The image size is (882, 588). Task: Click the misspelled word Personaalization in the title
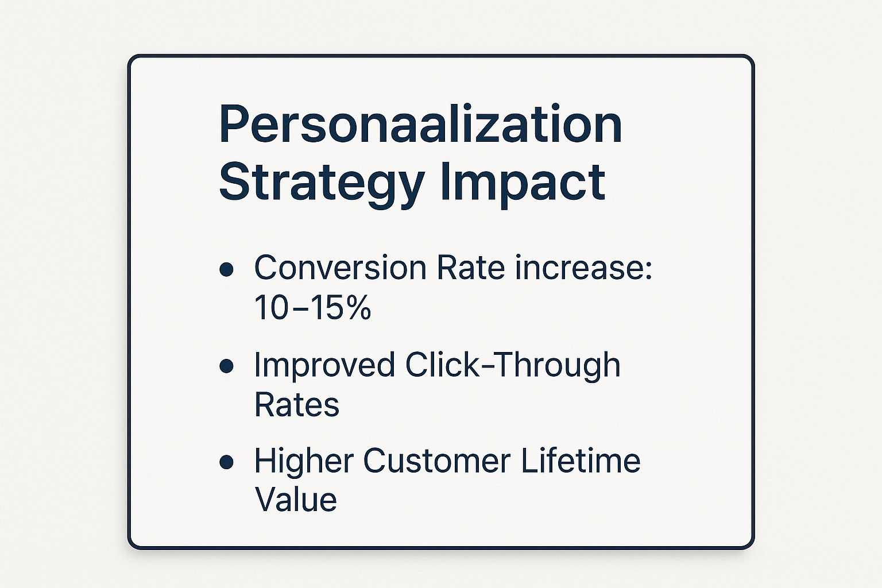420,123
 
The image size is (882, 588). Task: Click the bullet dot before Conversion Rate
226,270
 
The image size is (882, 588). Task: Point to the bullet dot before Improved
226,366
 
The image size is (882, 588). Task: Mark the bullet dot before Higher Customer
226,462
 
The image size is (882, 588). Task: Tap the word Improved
324,365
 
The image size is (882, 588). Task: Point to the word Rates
297,404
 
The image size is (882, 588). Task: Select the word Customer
437,461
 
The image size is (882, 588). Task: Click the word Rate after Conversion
471,268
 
